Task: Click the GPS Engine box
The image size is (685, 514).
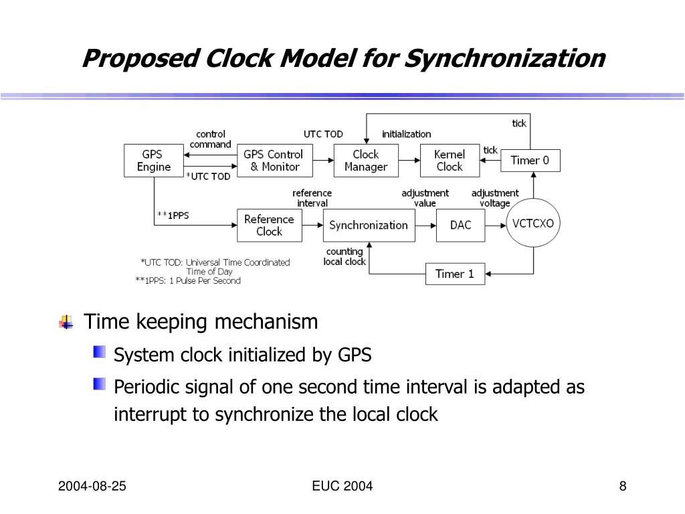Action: [154, 161]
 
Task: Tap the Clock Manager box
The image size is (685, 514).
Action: [366, 161]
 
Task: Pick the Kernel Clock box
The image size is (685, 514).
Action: [450, 161]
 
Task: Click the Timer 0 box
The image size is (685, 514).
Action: [530, 161]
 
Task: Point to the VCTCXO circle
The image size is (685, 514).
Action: [533, 224]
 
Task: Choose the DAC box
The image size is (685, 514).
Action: [460, 225]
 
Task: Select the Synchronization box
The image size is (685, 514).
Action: [369, 225]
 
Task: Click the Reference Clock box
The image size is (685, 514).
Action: [269, 225]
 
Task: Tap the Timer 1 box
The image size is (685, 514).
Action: [455, 274]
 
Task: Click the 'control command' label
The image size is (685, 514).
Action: [211, 139]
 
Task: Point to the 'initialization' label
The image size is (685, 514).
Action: [407, 134]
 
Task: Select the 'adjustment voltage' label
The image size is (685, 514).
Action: [495, 198]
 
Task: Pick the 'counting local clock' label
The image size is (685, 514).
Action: [345, 257]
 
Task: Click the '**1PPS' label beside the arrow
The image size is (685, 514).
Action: [173, 216]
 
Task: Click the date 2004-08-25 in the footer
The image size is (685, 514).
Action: [92, 487]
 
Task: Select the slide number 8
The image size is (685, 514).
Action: [623, 487]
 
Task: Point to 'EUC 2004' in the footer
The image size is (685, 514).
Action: [342, 487]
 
